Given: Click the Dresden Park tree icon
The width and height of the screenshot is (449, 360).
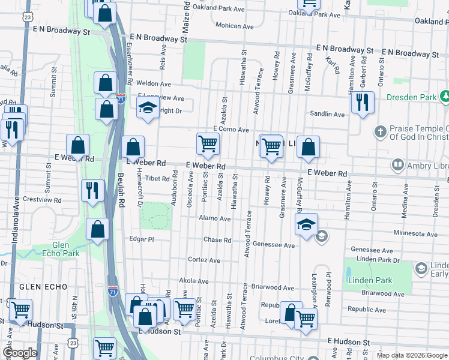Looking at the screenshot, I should [445, 96].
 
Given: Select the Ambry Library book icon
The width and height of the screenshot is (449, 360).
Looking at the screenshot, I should [397, 164].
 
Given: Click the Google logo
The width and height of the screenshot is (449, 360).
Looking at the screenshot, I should [19, 353].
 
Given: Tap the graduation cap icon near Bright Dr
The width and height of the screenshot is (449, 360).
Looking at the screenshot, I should [147, 108].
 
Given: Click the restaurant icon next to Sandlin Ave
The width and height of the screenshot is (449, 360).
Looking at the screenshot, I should [362, 103].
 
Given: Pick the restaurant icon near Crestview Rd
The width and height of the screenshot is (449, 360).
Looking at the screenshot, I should [92, 191].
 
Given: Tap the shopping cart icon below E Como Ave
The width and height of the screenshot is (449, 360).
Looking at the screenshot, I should [208, 143].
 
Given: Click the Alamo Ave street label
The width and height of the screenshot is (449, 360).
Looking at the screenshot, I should [215, 219].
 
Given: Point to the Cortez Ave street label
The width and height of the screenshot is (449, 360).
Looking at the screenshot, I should [204, 260].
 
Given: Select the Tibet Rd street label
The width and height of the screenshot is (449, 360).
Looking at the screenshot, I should [158, 179].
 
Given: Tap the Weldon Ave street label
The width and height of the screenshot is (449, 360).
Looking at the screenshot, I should [154, 84].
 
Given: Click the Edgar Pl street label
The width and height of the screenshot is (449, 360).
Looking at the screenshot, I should [142, 239].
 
